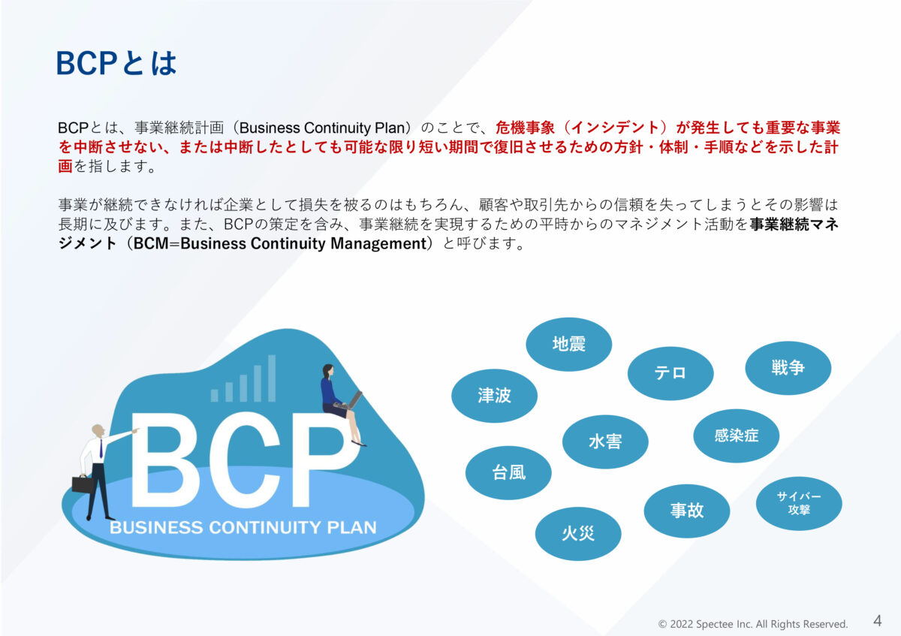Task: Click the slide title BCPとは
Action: click(x=116, y=63)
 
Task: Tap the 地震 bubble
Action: click(x=568, y=344)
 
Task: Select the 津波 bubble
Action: click(x=494, y=396)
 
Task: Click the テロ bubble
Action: click(x=670, y=372)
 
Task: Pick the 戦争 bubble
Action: click(x=788, y=368)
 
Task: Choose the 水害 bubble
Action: click(x=604, y=442)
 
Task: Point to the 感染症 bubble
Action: click(x=736, y=436)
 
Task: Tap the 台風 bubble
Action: click(x=508, y=472)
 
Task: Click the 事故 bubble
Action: click(x=686, y=511)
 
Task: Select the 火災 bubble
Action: click(x=577, y=534)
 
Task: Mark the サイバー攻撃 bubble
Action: click(x=798, y=503)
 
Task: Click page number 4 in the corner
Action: click(x=877, y=621)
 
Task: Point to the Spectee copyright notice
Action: click(x=752, y=624)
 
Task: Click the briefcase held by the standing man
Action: click(x=83, y=483)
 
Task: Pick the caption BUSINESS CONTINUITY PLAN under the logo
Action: click(x=243, y=527)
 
